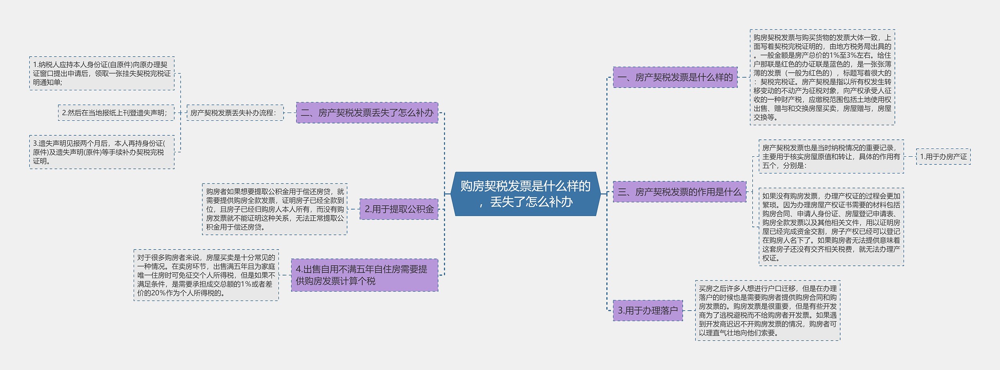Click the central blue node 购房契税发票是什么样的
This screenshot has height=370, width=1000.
click(x=525, y=194)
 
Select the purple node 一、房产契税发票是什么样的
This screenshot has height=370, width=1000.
click(x=675, y=77)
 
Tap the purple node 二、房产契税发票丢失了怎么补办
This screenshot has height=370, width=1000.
click(x=367, y=113)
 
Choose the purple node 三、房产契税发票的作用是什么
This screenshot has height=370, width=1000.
click(x=679, y=192)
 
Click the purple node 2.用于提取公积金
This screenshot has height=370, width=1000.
click(x=399, y=209)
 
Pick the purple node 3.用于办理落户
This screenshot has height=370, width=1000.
click(x=648, y=311)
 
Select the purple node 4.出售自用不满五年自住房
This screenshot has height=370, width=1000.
click(x=364, y=275)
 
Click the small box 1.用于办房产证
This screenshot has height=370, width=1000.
click(x=943, y=157)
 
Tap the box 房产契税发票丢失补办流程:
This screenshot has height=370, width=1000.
click(x=235, y=113)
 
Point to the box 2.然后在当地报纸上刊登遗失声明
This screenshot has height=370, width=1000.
click(x=116, y=113)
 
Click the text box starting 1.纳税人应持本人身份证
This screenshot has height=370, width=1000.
click(x=102, y=73)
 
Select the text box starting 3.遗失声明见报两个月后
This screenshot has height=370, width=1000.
click(x=102, y=152)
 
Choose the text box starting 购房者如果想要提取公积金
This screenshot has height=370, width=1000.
click(x=275, y=209)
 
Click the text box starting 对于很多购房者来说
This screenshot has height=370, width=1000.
click(x=206, y=275)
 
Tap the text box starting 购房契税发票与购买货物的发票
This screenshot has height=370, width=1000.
click(x=822, y=77)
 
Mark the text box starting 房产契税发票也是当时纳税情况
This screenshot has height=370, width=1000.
click(x=831, y=157)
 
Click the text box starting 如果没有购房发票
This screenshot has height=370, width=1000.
click(x=831, y=227)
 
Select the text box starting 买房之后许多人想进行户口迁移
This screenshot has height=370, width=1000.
click(x=768, y=311)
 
